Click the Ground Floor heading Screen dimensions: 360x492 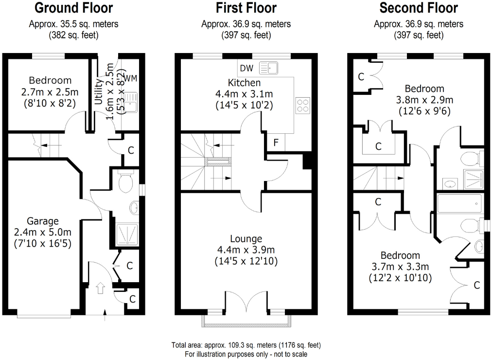pos(74,8)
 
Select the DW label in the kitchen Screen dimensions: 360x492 pos(246,68)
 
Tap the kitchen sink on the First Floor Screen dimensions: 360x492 pos(268,68)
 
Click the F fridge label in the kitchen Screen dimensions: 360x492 pos(276,143)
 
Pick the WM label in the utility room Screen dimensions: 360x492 pos(130,78)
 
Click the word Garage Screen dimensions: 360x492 pos(43,221)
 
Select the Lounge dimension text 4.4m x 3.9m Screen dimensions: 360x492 pos(246,250)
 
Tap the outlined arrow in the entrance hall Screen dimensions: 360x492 pos(101,288)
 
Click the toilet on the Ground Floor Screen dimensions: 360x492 pos(125,182)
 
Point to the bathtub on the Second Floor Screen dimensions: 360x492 pos(459,203)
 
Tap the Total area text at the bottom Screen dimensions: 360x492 pos(246,345)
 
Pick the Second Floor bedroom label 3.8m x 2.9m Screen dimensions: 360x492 pos(424,100)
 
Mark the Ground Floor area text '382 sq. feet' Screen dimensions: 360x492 pos(74,35)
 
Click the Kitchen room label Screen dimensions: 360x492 pos(244,83)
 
